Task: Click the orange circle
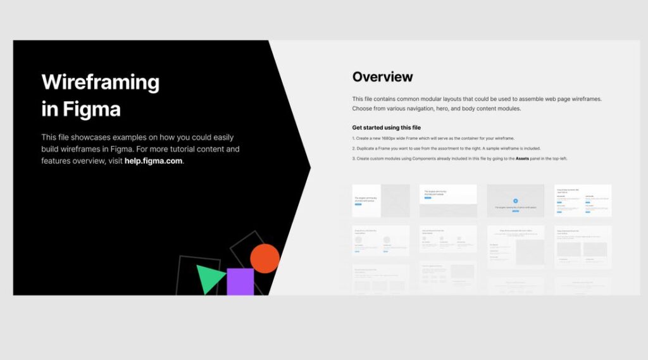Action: (x=265, y=258)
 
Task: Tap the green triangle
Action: (x=209, y=278)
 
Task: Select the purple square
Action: (x=240, y=282)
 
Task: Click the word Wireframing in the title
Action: (x=100, y=82)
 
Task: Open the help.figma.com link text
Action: (x=154, y=161)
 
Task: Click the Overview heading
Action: (x=382, y=77)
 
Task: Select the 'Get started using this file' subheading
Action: (x=386, y=128)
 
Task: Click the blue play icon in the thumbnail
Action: (x=515, y=200)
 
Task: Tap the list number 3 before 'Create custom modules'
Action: (x=353, y=158)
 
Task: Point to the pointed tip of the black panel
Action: (x=309, y=168)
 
